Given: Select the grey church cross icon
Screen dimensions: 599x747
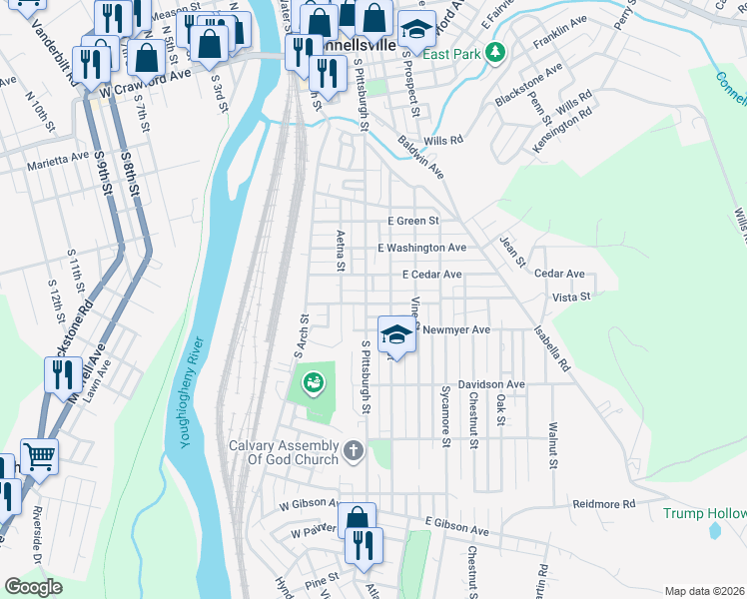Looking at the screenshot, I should click(352, 453).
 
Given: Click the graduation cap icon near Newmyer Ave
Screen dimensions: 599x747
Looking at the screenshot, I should click(396, 335).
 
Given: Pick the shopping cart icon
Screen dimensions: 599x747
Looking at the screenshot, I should click(39, 456).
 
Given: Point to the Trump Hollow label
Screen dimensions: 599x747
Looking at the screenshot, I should click(704, 513).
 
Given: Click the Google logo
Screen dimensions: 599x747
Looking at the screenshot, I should click(33, 587).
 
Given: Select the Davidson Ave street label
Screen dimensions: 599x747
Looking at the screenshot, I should click(491, 383).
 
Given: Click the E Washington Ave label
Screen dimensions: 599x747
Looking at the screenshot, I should click(421, 248).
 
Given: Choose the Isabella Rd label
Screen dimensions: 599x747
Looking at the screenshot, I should click(552, 348).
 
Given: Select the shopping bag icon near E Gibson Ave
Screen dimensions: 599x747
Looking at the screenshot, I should click(357, 519).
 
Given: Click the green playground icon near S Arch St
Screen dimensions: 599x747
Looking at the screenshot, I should click(312, 381).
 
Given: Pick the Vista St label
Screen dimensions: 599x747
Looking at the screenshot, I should click(571, 298).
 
